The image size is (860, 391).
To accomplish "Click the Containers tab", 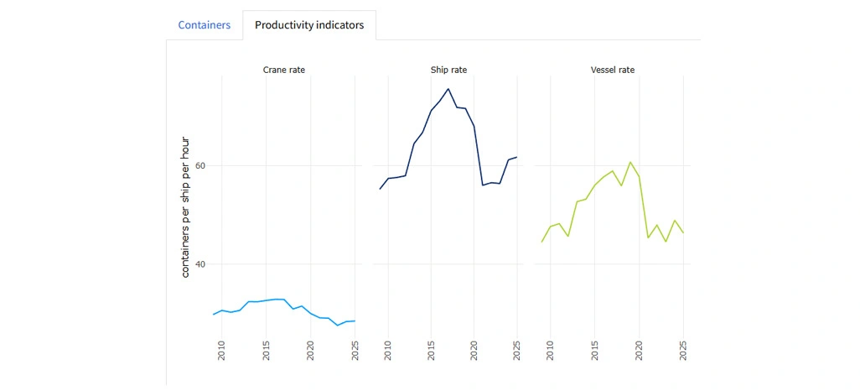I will (x=204, y=25).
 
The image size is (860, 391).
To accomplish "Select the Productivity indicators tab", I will (x=309, y=25).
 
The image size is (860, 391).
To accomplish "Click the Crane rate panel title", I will (x=284, y=69).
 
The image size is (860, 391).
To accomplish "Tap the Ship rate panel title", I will (x=448, y=69).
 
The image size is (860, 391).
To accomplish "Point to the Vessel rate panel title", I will (x=612, y=69).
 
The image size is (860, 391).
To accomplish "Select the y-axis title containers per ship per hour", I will (x=186, y=207).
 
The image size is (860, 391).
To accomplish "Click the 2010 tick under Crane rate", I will (x=222, y=351).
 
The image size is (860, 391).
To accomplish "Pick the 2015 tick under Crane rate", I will (x=267, y=351).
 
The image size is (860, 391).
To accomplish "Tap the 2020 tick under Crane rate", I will (x=310, y=351).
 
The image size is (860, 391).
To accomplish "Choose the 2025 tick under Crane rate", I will (x=355, y=351).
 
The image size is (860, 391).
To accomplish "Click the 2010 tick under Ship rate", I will (x=388, y=351).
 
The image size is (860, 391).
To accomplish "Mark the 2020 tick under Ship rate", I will (x=474, y=351).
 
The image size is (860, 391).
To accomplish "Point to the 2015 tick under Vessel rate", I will (x=594, y=351).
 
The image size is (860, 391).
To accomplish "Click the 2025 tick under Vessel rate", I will (x=683, y=351).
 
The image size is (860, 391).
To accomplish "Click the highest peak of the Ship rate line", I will (x=448, y=89).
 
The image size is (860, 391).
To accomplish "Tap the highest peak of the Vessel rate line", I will (x=630, y=162).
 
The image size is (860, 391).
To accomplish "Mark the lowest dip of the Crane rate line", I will (x=337, y=326).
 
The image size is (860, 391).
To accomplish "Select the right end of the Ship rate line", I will (x=517, y=157).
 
